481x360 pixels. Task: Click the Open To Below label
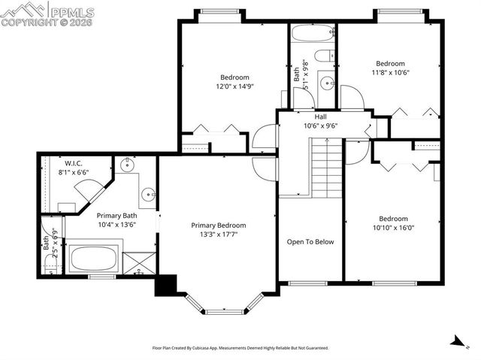[310, 242]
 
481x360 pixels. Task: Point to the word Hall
[320, 116]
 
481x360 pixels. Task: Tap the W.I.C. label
[73, 163]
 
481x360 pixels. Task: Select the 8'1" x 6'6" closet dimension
[73, 172]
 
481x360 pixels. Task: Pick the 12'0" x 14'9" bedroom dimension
[234, 86]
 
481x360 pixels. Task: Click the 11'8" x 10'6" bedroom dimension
[390, 73]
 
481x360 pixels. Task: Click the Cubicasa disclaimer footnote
[240, 348]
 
